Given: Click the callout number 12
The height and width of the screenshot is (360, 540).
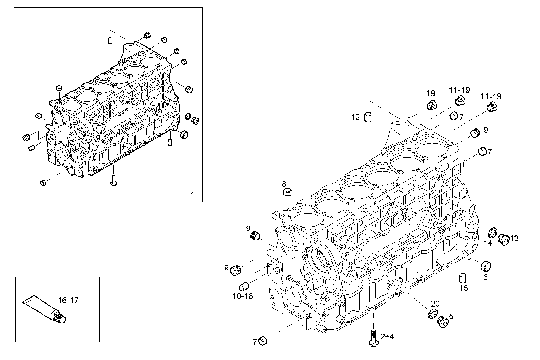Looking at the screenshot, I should pyautogui.click(x=355, y=117).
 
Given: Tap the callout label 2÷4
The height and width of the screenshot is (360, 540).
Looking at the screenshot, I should pyautogui.click(x=387, y=337).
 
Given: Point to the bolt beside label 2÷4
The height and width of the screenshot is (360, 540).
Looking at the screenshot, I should pyautogui.click(x=373, y=338).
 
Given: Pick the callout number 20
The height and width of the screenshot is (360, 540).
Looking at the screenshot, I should pyautogui.click(x=435, y=304).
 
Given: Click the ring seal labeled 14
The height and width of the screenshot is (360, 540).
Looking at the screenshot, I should pyautogui.click(x=492, y=232).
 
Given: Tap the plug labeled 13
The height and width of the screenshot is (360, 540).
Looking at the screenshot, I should pyautogui.click(x=503, y=239).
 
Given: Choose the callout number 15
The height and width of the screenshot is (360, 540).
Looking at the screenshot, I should pyautogui.click(x=463, y=288).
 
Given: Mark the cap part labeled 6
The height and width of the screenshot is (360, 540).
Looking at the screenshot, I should pyautogui.click(x=486, y=265).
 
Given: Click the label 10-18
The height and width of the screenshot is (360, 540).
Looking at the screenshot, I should pyautogui.click(x=243, y=296).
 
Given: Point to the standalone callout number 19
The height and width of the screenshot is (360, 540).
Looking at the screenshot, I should pyautogui.click(x=431, y=93).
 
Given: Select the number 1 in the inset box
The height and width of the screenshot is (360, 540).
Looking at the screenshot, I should pyautogui.click(x=192, y=195).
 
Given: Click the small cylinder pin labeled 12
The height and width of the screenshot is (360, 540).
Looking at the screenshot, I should pyautogui.click(x=368, y=117).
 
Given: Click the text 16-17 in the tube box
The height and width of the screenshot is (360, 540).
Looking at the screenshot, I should pyautogui.click(x=68, y=300).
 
